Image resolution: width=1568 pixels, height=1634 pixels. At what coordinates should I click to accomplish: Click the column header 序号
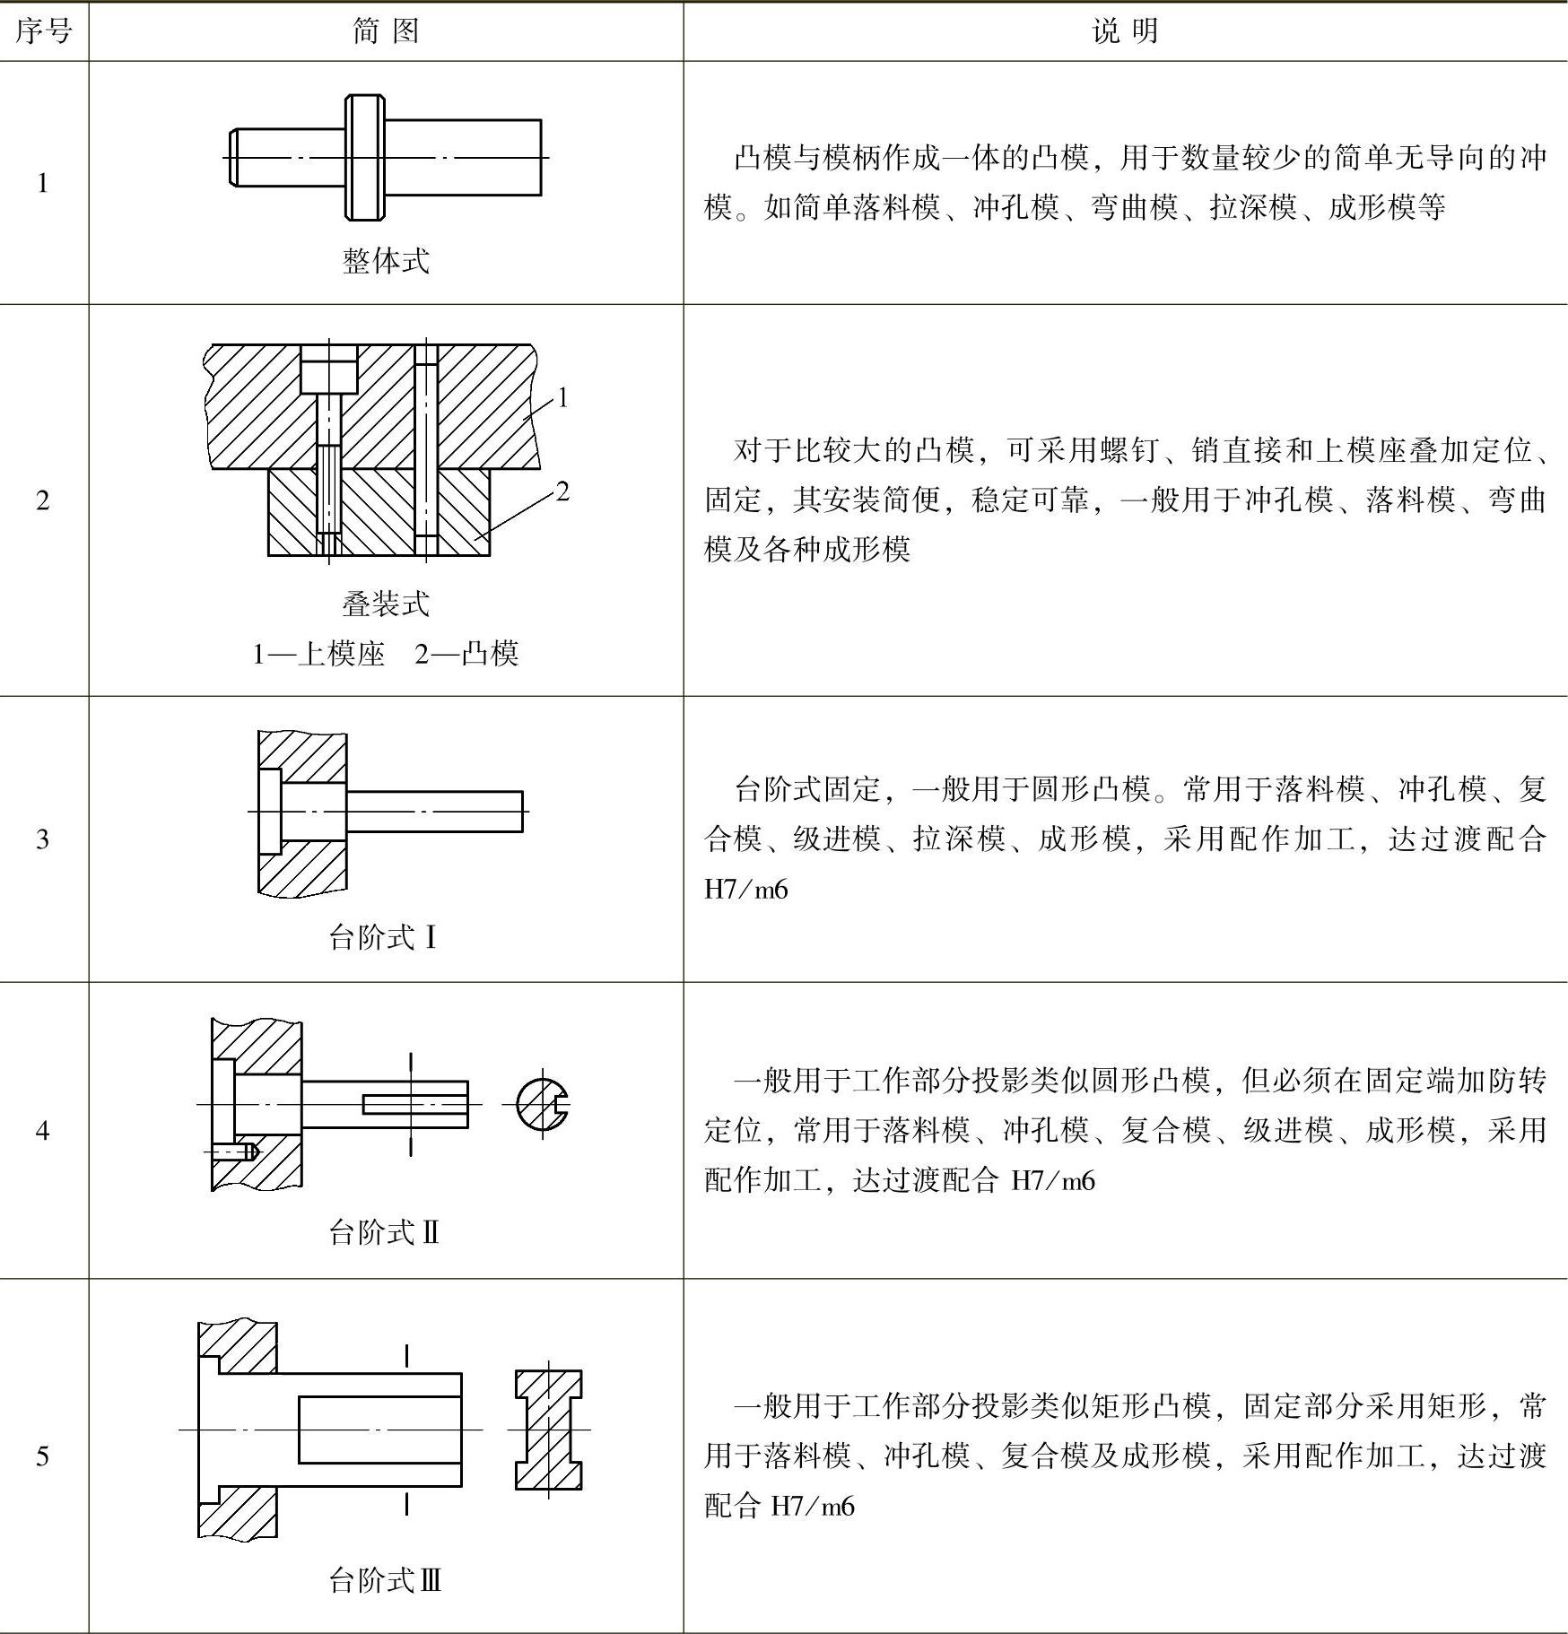tap(43, 32)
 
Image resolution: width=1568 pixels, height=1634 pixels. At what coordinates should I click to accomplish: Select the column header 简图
tap(386, 32)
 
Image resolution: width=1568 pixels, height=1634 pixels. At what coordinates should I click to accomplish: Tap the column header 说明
tap(1125, 32)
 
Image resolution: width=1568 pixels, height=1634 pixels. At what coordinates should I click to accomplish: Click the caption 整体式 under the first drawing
tap(386, 261)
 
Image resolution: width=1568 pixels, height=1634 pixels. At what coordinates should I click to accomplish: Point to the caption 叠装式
tap(386, 604)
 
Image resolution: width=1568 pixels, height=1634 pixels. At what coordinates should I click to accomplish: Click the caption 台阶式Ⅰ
tap(383, 938)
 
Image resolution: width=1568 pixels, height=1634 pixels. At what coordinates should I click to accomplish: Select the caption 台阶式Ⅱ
tap(384, 1232)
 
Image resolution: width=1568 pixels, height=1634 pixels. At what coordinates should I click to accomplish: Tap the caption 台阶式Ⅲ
tap(385, 1580)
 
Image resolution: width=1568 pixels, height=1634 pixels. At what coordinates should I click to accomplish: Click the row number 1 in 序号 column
tap(42, 183)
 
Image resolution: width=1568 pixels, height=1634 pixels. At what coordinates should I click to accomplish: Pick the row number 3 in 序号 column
tap(42, 839)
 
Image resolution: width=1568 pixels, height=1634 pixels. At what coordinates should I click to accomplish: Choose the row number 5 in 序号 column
tap(42, 1456)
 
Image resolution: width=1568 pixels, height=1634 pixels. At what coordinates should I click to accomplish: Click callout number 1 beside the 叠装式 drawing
tap(562, 397)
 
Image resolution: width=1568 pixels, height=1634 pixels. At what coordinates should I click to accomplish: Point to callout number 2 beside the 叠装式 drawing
tap(562, 491)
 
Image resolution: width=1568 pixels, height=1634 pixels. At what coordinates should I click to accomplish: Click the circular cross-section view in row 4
tap(542, 1104)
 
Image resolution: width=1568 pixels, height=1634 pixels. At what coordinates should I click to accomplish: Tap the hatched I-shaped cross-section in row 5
tap(548, 1430)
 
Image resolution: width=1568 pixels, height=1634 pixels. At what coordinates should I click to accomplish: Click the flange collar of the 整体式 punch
tap(365, 158)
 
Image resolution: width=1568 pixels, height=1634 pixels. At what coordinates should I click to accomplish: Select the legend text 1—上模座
tap(318, 654)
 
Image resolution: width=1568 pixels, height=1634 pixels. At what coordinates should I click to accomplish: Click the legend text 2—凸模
tap(466, 654)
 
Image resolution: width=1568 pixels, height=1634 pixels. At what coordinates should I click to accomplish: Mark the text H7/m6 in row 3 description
tap(746, 890)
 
